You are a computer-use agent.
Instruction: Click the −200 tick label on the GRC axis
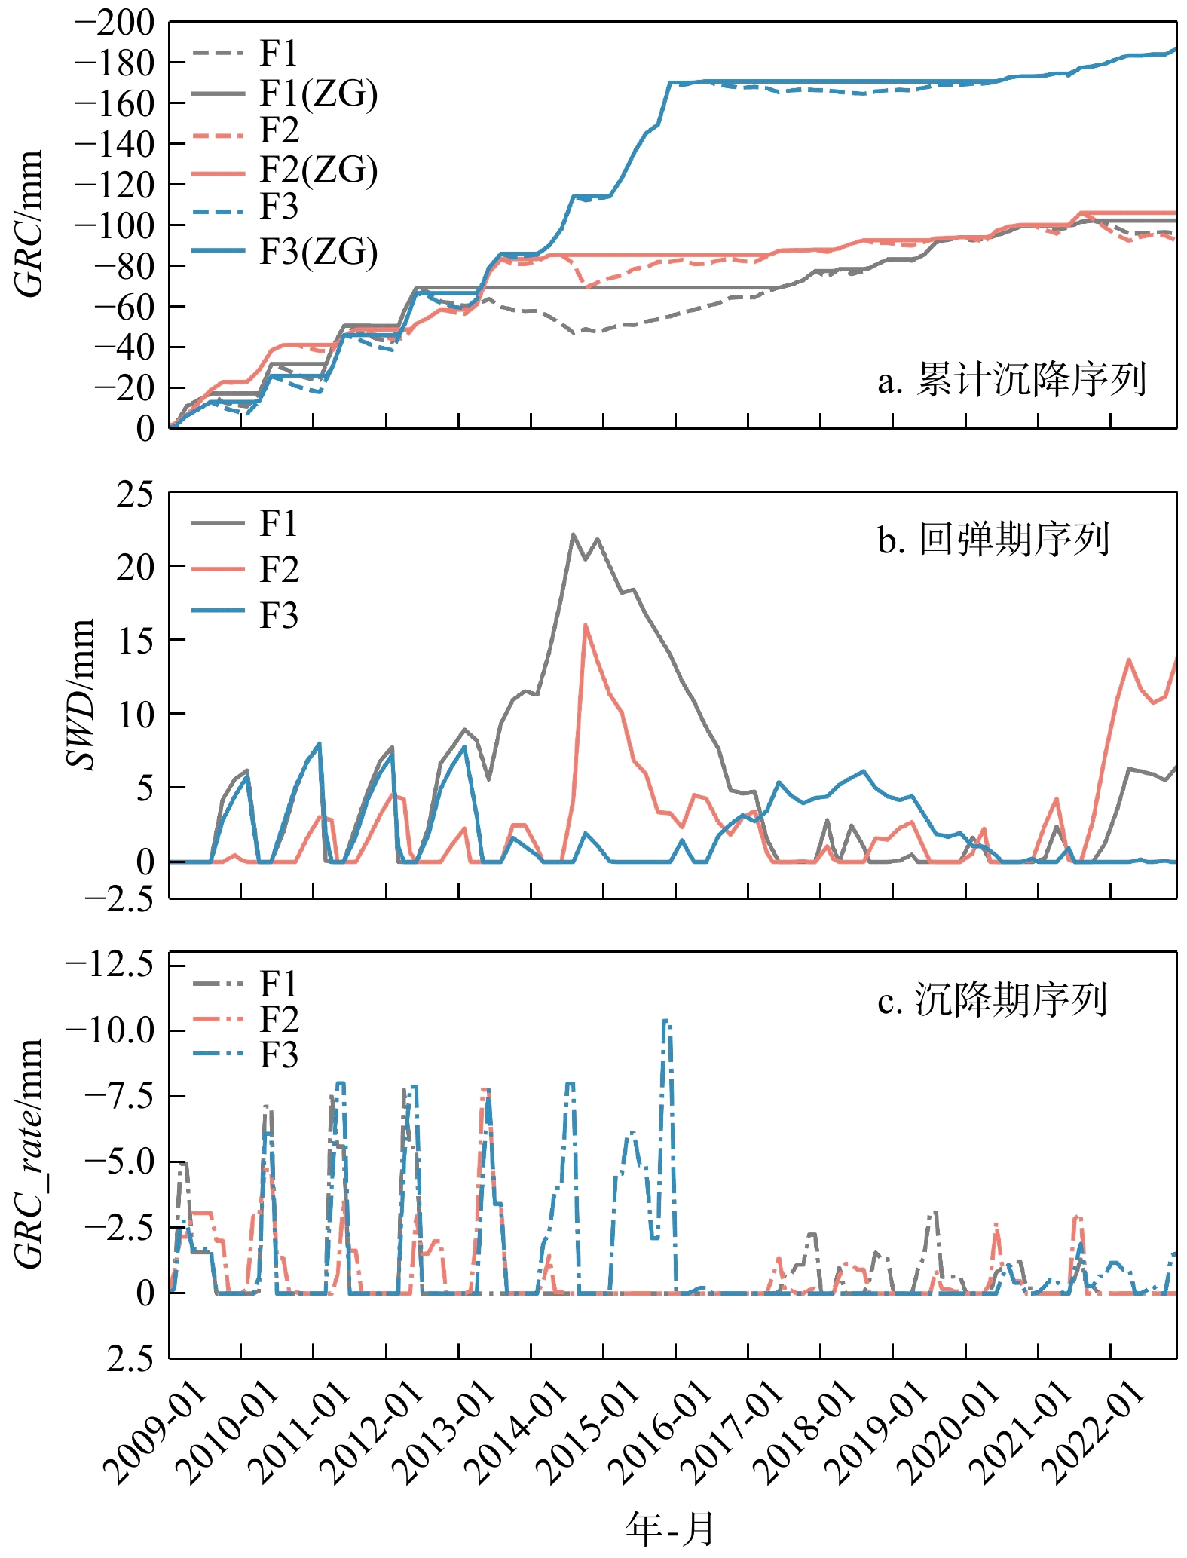click(115, 23)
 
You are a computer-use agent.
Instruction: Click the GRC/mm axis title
click(29, 225)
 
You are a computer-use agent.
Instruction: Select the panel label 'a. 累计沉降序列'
click(1011, 380)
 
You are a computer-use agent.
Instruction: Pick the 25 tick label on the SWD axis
click(134, 494)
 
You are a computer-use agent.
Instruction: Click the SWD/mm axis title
click(81, 693)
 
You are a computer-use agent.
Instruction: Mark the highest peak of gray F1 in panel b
click(573, 534)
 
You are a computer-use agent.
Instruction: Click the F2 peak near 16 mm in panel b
click(585, 625)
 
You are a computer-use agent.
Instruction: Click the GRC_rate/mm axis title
click(29, 1153)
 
